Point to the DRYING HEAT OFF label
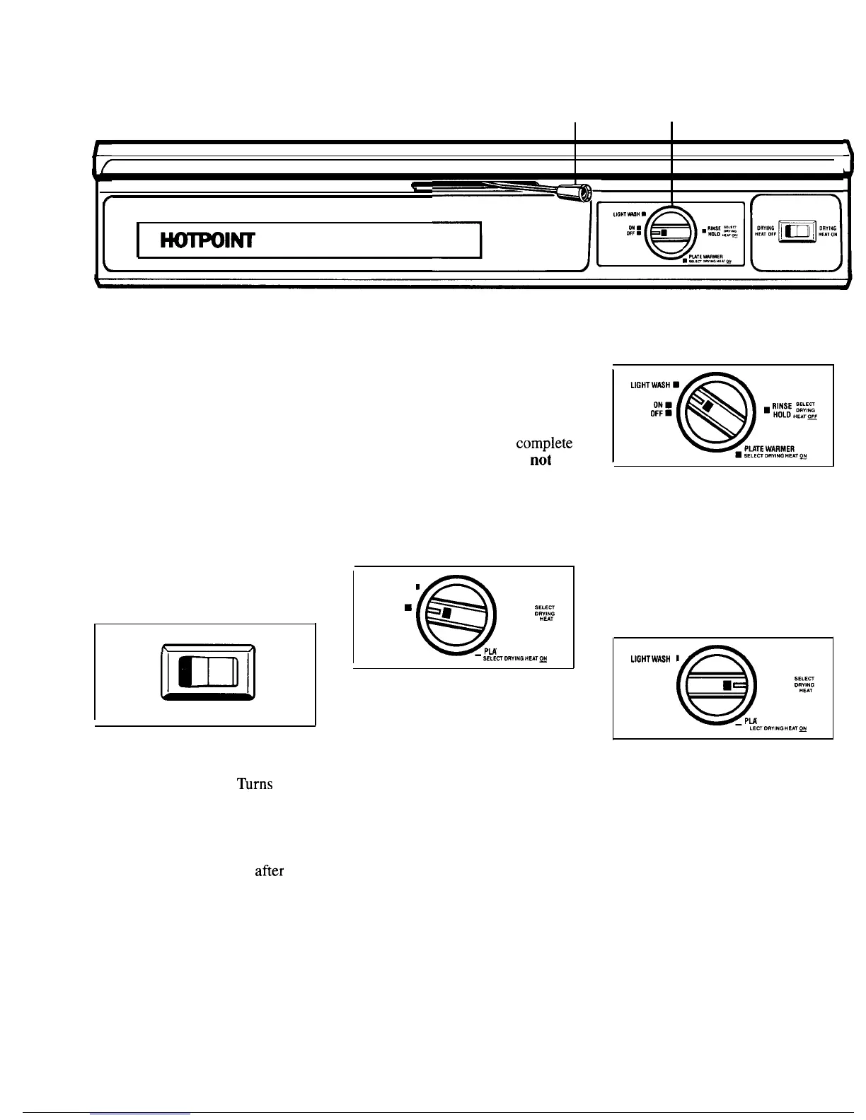click(764, 232)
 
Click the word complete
click(543, 443)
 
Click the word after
click(269, 871)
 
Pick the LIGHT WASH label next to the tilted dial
click(650, 385)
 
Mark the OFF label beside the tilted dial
click(656, 414)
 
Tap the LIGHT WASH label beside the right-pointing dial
click(650, 659)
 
